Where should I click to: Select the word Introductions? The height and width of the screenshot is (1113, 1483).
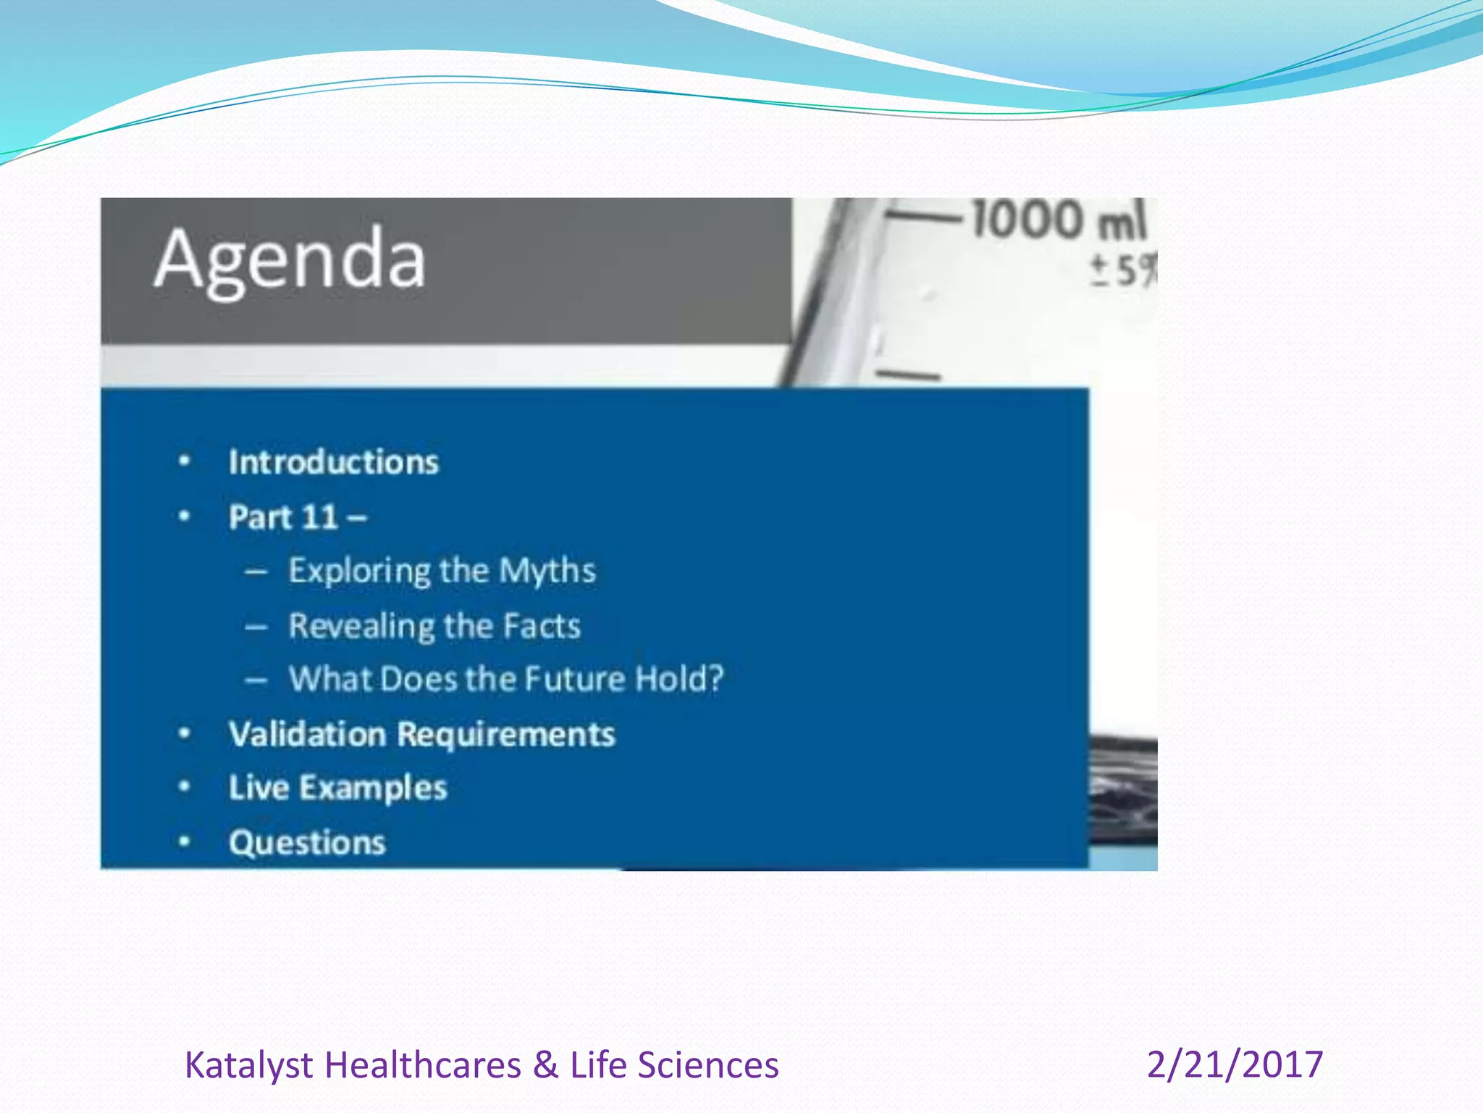334,462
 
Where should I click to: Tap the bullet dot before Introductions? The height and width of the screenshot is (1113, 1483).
185,461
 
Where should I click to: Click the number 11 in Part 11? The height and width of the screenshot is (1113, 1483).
320,517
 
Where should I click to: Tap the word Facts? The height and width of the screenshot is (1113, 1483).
542,626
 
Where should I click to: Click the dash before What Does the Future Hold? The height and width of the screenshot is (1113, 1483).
256,680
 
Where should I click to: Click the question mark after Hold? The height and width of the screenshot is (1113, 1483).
715,679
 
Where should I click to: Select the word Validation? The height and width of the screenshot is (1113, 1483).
307,734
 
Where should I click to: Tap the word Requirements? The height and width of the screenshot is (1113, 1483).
506,734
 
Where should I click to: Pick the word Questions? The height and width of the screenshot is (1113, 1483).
307,843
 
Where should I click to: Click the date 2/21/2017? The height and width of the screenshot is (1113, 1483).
1235,1064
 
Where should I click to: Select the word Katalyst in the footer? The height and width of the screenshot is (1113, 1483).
248,1066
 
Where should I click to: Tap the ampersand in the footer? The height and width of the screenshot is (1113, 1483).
545,1066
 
